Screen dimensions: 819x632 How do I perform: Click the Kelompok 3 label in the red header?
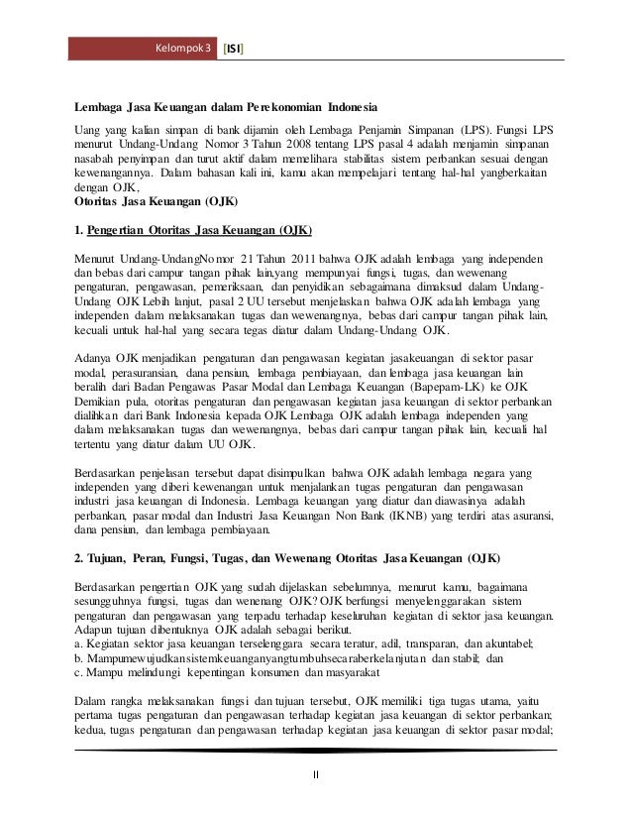click(185, 48)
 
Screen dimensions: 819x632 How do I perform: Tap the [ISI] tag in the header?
click(237, 48)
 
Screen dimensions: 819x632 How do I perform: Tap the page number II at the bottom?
click(316, 774)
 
